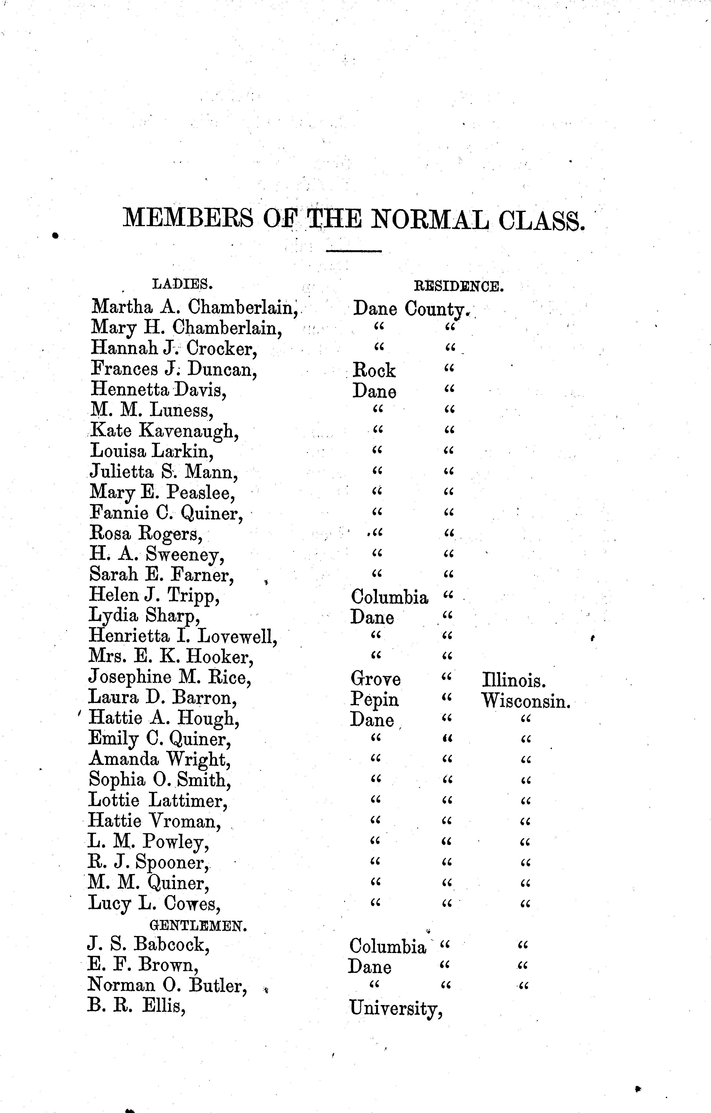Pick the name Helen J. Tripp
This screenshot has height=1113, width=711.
(x=154, y=595)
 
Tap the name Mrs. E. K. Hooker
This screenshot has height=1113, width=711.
(x=171, y=657)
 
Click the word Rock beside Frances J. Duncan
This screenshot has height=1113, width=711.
(x=374, y=370)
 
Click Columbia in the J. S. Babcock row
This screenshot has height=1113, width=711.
(x=387, y=946)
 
